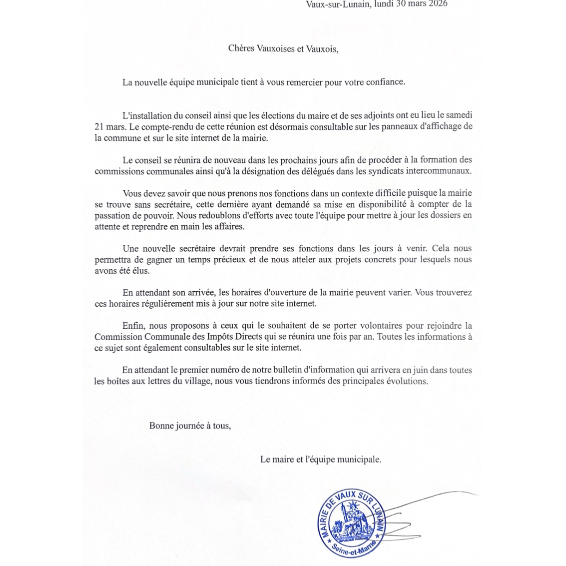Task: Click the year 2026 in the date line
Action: tap(438, 4)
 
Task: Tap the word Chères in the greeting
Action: tap(241, 48)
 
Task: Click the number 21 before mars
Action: tap(99, 127)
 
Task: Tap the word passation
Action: tap(112, 215)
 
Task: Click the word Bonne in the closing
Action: tap(161, 426)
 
